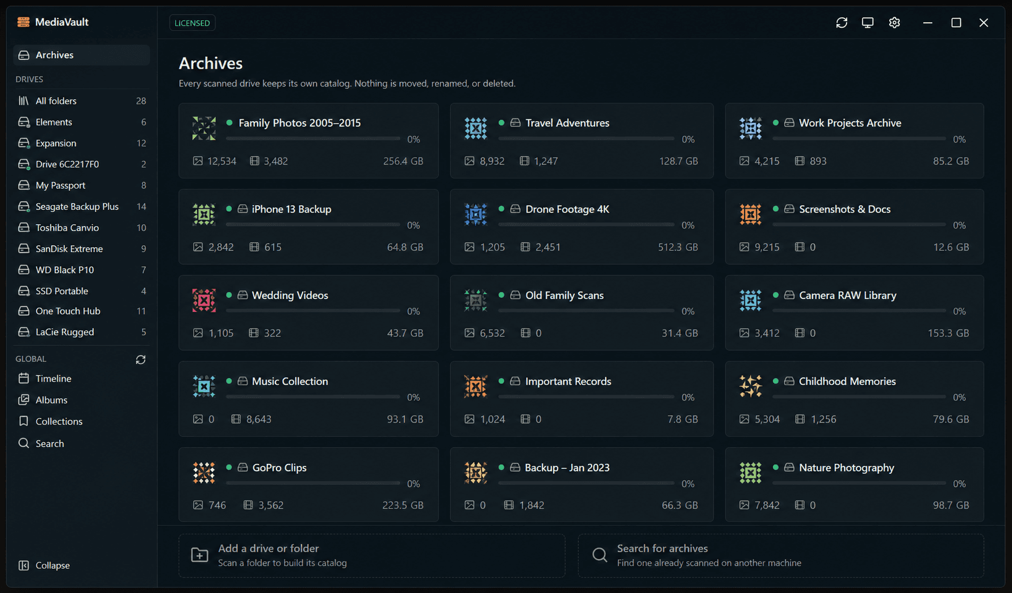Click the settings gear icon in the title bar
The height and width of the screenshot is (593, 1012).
point(894,23)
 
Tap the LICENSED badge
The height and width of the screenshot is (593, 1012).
point(192,23)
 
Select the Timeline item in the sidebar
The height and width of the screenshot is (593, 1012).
point(53,378)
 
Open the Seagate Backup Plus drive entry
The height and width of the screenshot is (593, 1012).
point(77,206)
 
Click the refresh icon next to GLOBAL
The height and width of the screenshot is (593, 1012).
point(141,360)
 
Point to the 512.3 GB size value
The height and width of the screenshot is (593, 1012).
point(678,247)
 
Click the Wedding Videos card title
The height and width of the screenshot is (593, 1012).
point(290,295)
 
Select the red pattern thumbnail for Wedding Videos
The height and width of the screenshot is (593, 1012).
point(204,300)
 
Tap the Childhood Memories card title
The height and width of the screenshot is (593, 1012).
point(847,382)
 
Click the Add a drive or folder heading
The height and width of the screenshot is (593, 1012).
point(269,549)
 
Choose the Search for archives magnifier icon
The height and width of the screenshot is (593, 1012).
point(600,555)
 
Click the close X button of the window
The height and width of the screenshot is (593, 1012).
point(984,23)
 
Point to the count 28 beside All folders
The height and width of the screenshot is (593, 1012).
point(141,101)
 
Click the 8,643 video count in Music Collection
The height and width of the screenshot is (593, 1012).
point(259,419)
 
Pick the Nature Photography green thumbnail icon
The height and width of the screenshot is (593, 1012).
point(750,473)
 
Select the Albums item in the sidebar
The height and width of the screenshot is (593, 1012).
point(51,400)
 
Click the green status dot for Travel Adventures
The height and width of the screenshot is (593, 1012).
point(501,122)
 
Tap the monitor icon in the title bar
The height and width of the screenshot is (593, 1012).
point(868,23)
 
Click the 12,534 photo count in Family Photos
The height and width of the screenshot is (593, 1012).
point(222,161)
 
